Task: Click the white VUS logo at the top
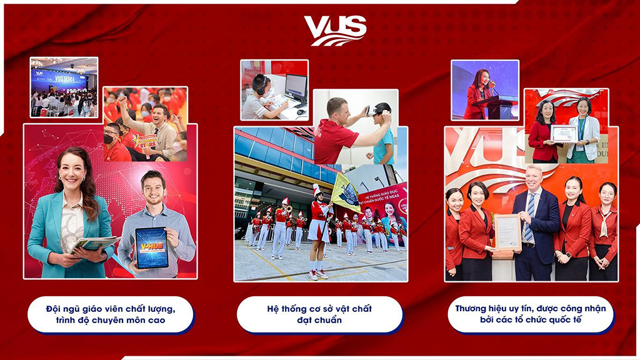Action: (335, 30)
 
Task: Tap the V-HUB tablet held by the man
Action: (152, 247)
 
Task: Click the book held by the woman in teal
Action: (94, 244)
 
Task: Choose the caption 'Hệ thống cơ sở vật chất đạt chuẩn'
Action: (319, 314)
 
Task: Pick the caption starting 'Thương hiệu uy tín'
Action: (530, 314)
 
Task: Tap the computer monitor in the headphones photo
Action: (296, 86)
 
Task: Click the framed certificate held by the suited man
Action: (507, 232)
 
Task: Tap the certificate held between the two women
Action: (563, 133)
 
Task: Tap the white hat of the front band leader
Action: (317, 190)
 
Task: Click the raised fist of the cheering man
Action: (122, 100)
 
